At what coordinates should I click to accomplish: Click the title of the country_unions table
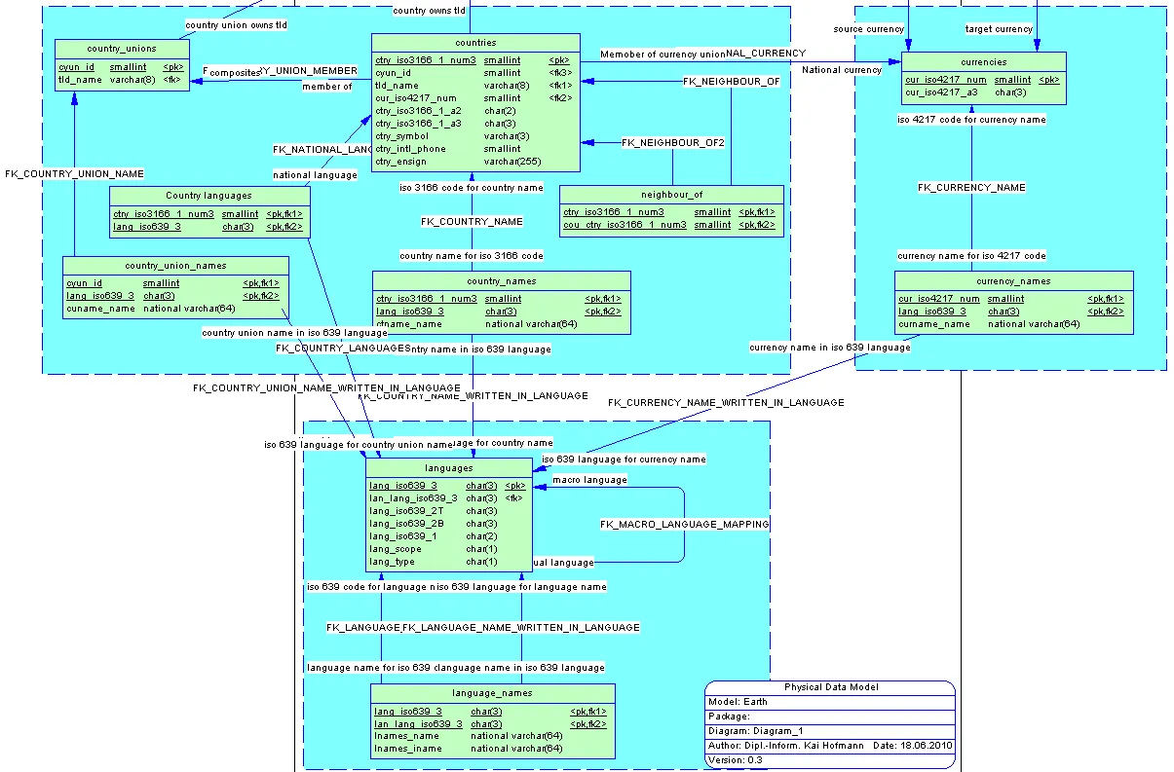point(122,49)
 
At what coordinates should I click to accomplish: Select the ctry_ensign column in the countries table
point(400,162)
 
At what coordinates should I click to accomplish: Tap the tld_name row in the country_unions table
point(80,80)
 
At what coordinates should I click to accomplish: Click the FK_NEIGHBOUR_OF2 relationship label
point(672,143)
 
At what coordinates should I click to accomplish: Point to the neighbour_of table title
point(671,195)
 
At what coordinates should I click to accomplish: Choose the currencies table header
point(983,62)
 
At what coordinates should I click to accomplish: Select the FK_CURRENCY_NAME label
point(971,187)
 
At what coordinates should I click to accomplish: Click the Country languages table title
point(208,196)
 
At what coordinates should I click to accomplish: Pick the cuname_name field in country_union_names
point(100,309)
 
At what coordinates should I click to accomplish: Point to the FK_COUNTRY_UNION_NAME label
point(74,174)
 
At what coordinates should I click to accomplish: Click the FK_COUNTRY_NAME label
point(472,222)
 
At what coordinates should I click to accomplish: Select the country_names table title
point(502,281)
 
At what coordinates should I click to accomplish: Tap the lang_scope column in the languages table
point(396,549)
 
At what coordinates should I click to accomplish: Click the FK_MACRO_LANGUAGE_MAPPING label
point(684,525)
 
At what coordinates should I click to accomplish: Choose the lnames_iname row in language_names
point(407,749)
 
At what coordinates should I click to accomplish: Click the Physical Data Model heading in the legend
point(831,687)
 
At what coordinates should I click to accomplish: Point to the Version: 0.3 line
point(736,760)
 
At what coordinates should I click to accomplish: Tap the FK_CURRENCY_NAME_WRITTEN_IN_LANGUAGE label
point(726,402)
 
